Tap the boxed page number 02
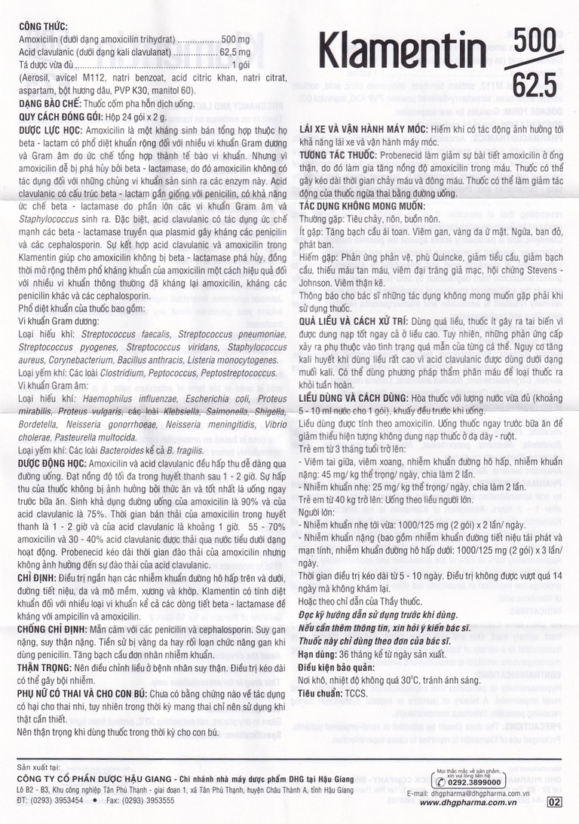pyautogui.click(x=555, y=802)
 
